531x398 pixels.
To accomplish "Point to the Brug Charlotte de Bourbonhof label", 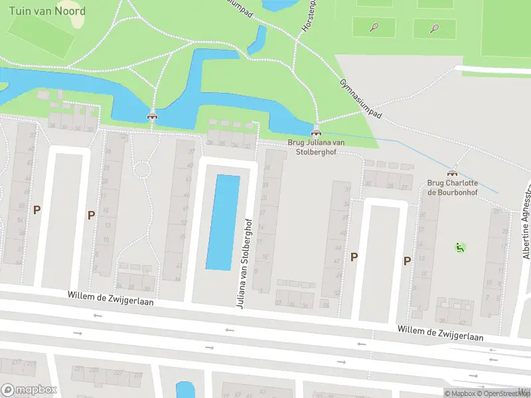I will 453,188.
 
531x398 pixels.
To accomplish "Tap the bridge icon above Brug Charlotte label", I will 453,172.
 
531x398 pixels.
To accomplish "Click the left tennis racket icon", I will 374,28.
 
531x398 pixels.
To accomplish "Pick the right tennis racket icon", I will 435,28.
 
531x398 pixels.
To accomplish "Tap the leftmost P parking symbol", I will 37,210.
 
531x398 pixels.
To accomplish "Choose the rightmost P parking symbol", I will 406,261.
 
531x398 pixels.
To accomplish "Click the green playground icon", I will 459,247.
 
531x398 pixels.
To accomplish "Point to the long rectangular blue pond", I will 223,222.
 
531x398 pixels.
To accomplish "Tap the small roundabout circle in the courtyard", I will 142,170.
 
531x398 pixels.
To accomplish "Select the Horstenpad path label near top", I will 309,19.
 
